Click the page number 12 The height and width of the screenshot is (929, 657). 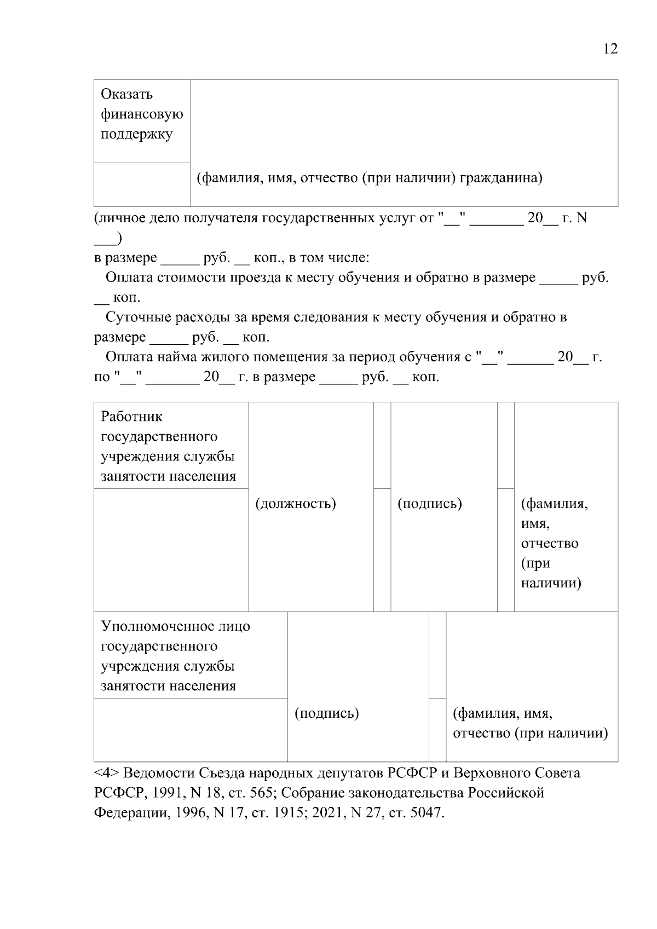tap(610, 49)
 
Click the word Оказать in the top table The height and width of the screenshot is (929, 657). tap(127, 94)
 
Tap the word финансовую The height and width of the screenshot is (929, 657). tap(142, 114)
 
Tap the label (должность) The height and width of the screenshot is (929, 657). tap(296, 503)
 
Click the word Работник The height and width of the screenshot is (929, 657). tap(132, 417)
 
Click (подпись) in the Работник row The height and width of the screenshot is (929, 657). tap(430, 503)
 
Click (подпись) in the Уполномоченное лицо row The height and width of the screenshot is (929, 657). tap(327, 713)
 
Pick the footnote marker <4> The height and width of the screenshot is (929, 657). tap(107, 773)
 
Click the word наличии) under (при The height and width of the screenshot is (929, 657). tap(551, 583)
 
